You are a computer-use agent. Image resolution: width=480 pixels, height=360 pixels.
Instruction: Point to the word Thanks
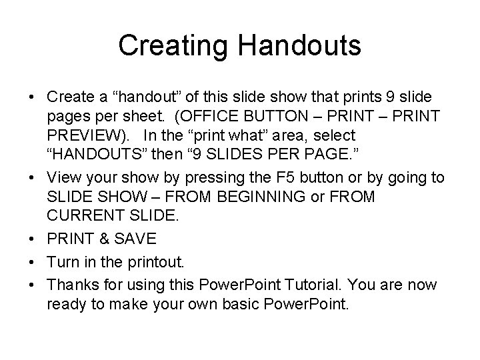pos(73,285)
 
